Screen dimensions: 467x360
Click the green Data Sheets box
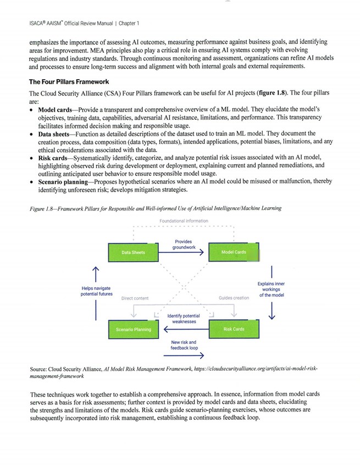pyautogui.click(x=134, y=252)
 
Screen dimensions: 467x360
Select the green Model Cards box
pyautogui.click(x=234, y=252)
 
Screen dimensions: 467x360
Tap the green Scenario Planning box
pyautogui.click(x=134, y=329)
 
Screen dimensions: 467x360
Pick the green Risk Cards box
pyautogui.click(x=234, y=329)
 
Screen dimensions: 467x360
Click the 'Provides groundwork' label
pyautogui.click(x=184, y=244)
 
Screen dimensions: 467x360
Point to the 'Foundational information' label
pyautogui.click(x=184, y=221)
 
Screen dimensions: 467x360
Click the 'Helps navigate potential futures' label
pyautogui.click(x=96, y=291)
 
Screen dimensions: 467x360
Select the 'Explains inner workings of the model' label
pyautogui.click(x=271, y=290)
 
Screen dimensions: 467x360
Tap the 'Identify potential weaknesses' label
pyautogui.click(x=184, y=319)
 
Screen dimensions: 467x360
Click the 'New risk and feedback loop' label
pyautogui.click(x=184, y=345)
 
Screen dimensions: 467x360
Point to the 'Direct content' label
pyautogui.click(x=135, y=298)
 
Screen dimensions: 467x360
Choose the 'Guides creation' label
pyautogui.click(x=234, y=298)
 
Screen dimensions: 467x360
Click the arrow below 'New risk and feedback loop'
pyautogui.click(x=184, y=355)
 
